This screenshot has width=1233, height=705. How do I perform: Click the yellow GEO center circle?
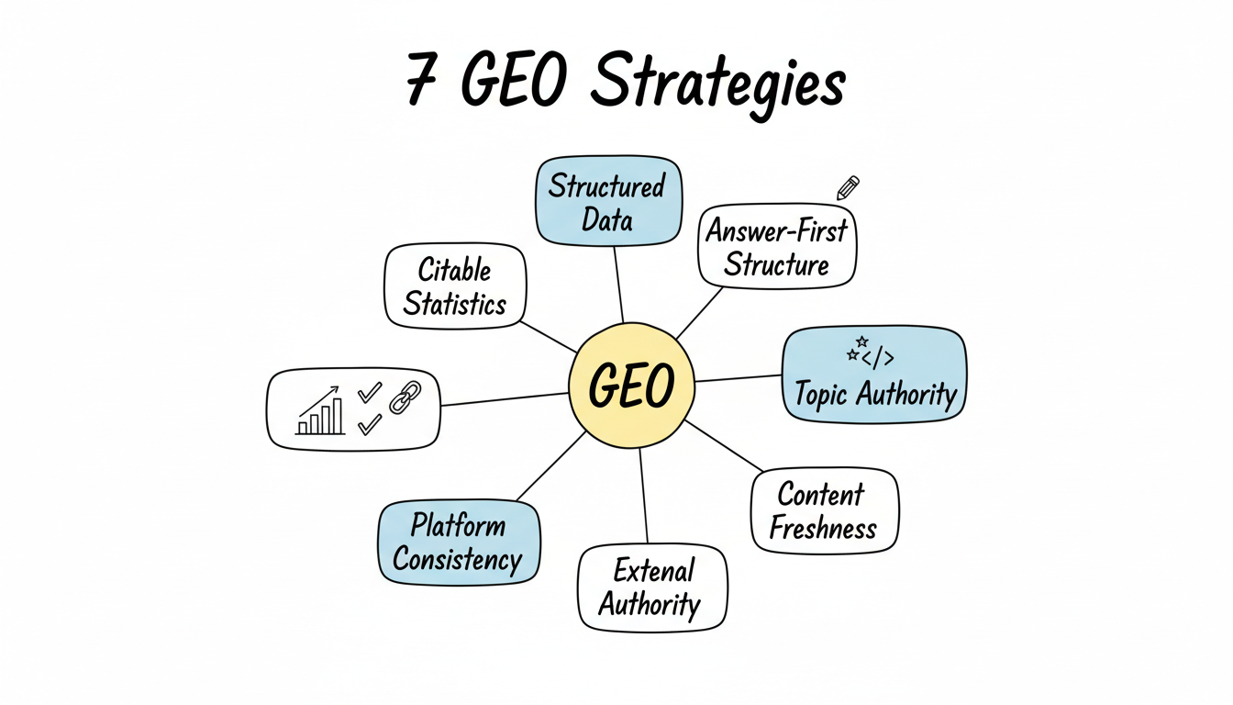click(x=632, y=386)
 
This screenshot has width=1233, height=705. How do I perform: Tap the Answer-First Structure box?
click(x=777, y=246)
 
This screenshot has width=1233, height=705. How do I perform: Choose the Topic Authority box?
click(x=874, y=375)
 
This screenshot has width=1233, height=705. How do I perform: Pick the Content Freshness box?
click(x=824, y=510)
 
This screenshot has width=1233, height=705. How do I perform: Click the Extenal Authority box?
click(x=651, y=587)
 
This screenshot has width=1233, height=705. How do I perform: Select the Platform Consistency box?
click(x=459, y=542)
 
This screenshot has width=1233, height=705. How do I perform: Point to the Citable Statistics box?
click(x=455, y=285)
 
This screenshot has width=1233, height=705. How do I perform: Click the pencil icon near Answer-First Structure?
click(x=849, y=189)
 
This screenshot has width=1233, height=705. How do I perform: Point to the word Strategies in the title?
click(x=716, y=84)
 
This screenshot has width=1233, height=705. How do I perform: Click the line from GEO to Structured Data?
click(x=618, y=285)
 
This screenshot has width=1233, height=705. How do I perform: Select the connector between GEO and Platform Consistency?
click(x=550, y=468)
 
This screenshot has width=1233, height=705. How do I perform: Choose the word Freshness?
click(x=823, y=528)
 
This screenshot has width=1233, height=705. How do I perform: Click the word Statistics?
click(x=455, y=303)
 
